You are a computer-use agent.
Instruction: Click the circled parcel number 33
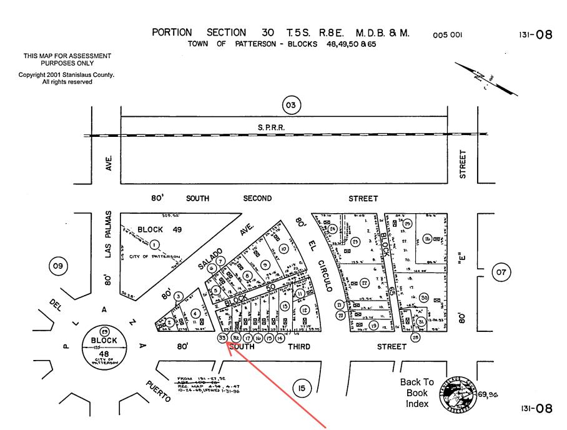pos(222,337)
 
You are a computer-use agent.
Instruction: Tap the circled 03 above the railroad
pos(291,105)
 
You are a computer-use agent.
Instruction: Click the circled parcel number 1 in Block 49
pos(154,244)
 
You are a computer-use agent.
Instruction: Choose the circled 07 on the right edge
pos(501,272)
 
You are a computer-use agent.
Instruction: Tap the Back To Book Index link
pos(417,392)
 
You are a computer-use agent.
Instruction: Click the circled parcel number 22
pos(365,282)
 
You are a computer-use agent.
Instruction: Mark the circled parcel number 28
pos(416,337)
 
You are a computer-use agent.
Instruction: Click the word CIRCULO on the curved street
pos(323,276)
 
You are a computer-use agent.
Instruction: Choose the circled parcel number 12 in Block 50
pos(305,310)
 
